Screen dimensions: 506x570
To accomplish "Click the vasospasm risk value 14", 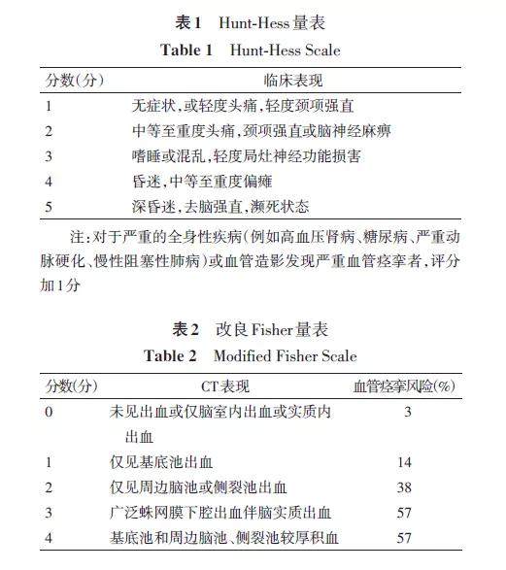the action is (406, 463).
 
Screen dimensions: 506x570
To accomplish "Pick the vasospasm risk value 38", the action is (406, 488).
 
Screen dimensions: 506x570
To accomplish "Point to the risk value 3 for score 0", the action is (406, 412).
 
